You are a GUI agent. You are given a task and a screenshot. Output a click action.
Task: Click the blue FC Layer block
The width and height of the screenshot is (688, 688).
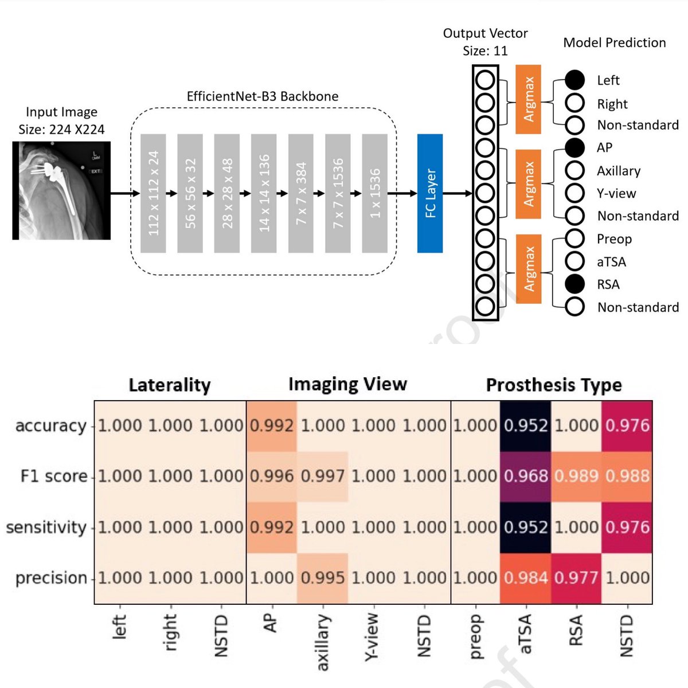[430, 193]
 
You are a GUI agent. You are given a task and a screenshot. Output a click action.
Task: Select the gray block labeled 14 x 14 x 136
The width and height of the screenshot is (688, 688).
[264, 193]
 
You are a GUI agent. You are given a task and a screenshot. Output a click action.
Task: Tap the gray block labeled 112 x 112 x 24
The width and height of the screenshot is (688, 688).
[153, 193]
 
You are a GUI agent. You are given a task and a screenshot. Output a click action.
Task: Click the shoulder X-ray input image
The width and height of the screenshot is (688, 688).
[61, 190]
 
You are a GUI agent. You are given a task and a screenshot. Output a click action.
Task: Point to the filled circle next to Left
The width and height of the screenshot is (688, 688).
[574, 80]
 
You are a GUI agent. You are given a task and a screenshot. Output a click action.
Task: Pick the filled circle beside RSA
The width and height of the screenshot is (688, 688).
[574, 284]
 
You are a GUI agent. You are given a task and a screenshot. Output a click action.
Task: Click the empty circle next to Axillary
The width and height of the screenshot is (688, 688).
[574, 171]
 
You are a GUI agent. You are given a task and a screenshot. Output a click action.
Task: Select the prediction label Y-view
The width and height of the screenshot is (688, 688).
[616, 193]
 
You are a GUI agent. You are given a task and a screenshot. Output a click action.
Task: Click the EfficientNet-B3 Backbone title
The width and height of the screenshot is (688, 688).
[263, 96]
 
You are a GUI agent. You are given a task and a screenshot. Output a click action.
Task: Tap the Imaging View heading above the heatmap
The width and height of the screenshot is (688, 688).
[347, 384]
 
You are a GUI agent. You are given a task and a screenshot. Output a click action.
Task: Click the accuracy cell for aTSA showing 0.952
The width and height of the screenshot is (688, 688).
[526, 425]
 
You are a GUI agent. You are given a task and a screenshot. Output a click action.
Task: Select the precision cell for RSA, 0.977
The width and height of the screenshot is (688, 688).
[576, 578]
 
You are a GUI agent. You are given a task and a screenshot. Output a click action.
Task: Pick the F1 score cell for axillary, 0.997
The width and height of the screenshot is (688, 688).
[322, 476]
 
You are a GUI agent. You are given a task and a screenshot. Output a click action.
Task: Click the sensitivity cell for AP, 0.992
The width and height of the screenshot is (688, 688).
[272, 527]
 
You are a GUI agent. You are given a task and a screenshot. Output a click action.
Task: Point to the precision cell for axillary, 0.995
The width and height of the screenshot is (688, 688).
[322, 578]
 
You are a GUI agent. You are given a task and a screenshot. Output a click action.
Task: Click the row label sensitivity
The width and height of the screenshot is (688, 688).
[46, 527]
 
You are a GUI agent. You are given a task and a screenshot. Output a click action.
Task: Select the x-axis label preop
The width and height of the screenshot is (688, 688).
[475, 636]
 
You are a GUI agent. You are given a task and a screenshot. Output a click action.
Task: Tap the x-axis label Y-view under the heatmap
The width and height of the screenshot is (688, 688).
[373, 636]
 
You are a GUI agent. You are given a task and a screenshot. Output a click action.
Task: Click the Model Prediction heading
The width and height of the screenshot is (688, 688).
[614, 42]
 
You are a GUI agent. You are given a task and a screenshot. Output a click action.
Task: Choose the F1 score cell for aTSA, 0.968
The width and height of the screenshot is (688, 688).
[526, 476]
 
